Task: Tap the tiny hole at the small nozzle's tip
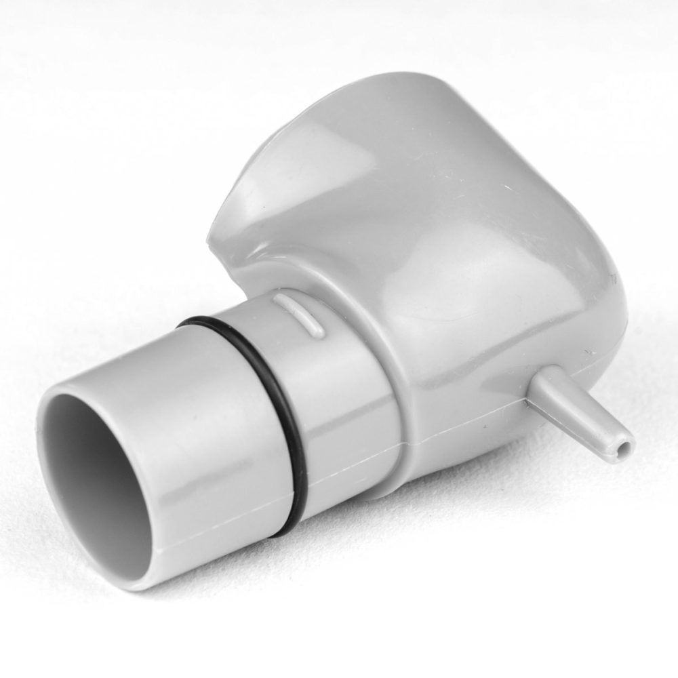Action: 625,447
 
